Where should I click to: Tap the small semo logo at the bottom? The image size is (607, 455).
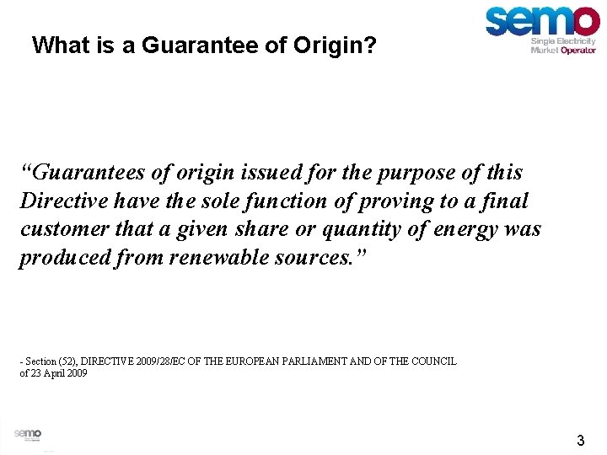click(x=27, y=435)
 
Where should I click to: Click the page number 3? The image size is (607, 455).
click(x=580, y=440)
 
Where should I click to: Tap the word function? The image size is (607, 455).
click(x=257, y=201)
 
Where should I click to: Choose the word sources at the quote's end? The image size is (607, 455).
click(x=323, y=258)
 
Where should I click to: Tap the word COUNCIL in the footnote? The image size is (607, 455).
click(x=434, y=361)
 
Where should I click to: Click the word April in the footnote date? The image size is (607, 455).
click(x=49, y=372)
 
